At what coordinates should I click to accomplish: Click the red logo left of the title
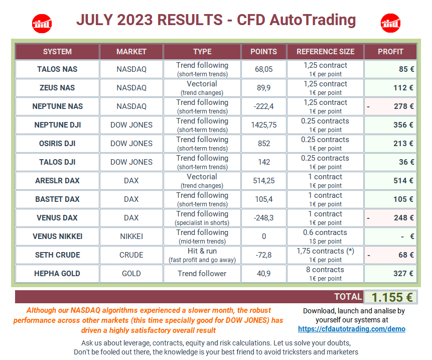[x=42, y=22]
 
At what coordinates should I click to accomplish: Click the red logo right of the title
[x=390, y=22]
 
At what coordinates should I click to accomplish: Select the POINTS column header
[x=263, y=51]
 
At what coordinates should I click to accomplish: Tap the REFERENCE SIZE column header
[x=325, y=51]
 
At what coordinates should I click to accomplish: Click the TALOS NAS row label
[x=57, y=69]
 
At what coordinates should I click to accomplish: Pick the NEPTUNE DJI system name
[x=57, y=125]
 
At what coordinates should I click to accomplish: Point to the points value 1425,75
[x=263, y=125]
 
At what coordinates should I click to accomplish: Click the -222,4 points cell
[x=263, y=106]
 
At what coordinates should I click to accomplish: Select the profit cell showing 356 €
[x=391, y=125]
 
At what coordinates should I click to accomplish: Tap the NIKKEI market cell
[x=131, y=236]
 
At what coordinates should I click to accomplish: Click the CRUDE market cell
[x=131, y=255]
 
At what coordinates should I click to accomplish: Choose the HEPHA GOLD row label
[x=57, y=274]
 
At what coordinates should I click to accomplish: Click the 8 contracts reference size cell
[x=325, y=274]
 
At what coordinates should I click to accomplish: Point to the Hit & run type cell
[x=202, y=255]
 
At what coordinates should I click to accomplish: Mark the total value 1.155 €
[x=390, y=297]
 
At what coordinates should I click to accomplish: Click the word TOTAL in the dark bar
[x=348, y=297]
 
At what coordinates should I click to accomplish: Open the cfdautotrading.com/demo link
[x=351, y=329]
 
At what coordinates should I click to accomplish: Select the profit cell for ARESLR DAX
[x=391, y=181]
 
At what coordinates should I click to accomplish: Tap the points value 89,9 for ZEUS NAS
[x=263, y=88]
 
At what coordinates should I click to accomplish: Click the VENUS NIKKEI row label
[x=57, y=236]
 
